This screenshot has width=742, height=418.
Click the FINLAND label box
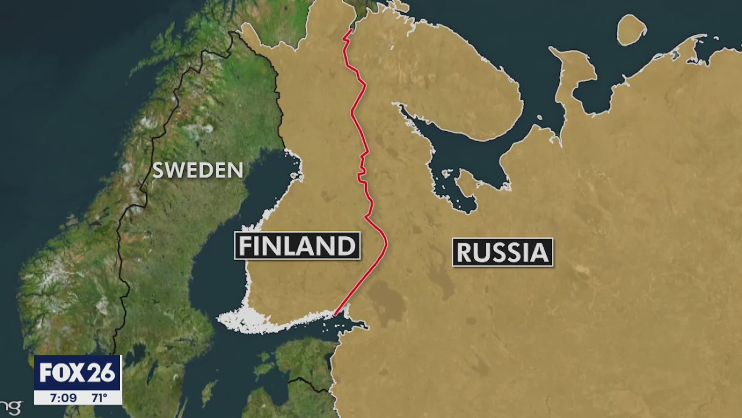[297, 246]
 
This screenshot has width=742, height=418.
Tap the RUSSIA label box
[503, 253]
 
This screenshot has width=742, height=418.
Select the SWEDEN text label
[198, 170]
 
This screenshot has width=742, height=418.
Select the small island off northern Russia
[631, 29]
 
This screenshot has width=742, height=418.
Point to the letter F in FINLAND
[246, 246]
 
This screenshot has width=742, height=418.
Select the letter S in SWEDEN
[158, 170]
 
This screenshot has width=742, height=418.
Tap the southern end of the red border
[336, 315]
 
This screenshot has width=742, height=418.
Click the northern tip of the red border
[350, 30]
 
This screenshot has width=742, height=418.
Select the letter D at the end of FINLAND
[347, 246]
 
